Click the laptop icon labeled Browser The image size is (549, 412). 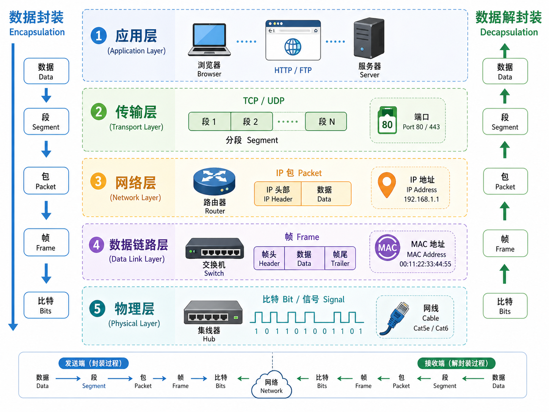point(209,39)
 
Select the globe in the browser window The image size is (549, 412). point(293,47)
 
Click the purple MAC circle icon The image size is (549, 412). point(387,248)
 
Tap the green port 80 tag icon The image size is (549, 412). point(387,120)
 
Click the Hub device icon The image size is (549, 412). point(213,313)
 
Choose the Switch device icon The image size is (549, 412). point(215,248)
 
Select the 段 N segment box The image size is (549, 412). point(326,121)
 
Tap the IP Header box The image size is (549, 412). point(278,194)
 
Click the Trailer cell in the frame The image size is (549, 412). point(340,258)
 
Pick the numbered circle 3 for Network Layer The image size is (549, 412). point(98,181)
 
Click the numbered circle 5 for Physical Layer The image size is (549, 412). point(97,309)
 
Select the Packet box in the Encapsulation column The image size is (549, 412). point(46,181)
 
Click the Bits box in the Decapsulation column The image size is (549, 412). point(505,306)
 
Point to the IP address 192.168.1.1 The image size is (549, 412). point(421,199)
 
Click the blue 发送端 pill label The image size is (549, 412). point(93,363)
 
